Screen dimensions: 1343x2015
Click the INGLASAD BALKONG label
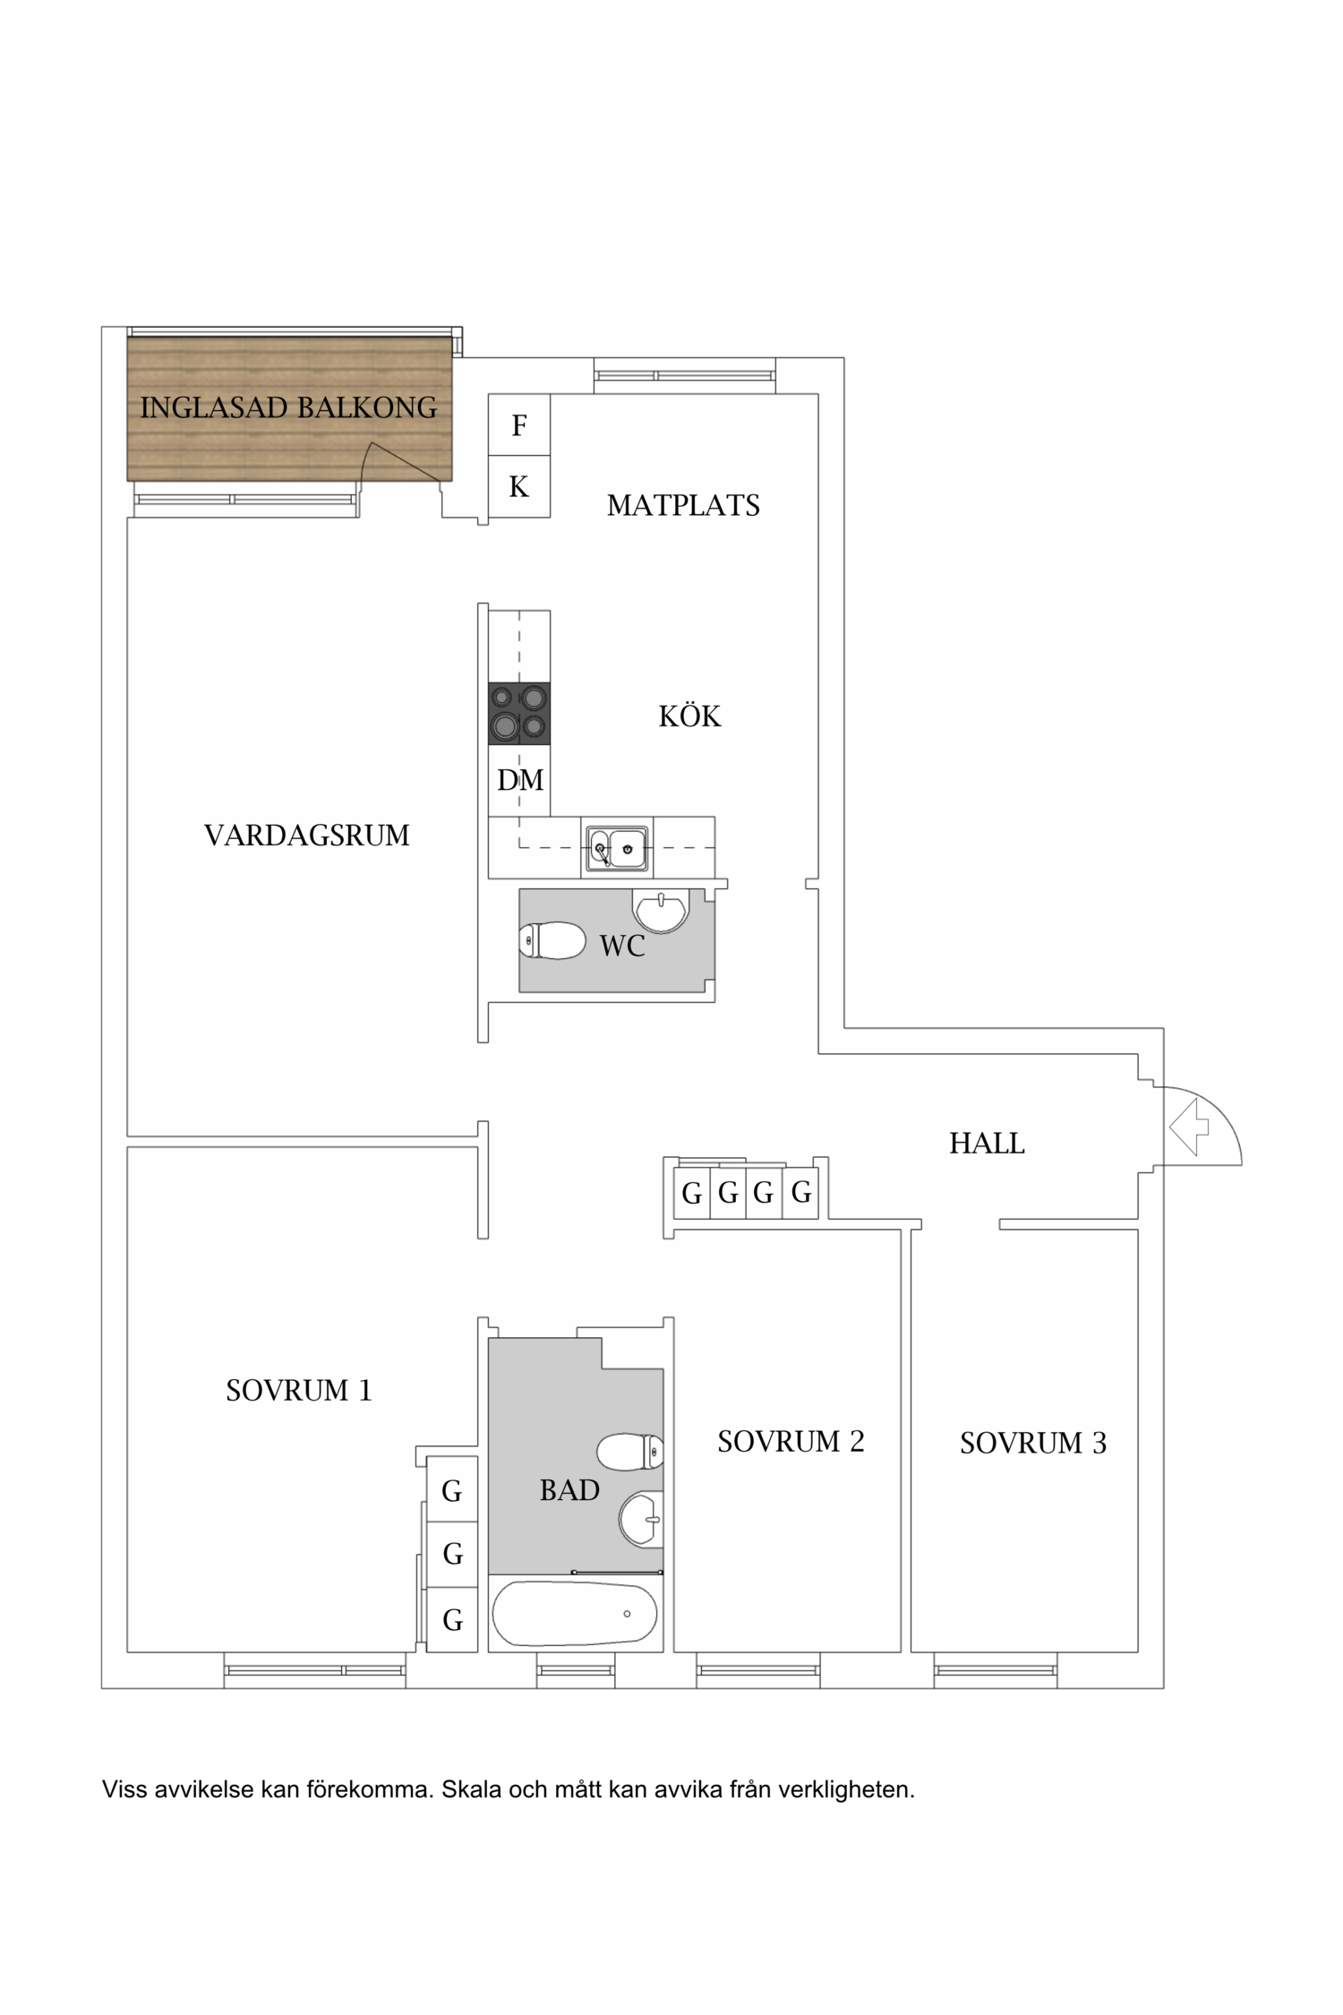point(288,408)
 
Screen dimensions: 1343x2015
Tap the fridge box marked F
point(519,425)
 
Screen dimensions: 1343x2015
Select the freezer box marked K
point(519,486)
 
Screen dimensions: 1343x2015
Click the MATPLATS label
point(683,506)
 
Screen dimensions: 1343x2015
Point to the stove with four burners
point(519,714)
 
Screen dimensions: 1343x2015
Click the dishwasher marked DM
point(519,780)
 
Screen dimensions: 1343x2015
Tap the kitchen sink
point(617,848)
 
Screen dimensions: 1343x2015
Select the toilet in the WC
point(552,941)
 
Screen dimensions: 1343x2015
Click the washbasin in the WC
point(661,910)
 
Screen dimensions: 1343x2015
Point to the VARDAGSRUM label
point(307,836)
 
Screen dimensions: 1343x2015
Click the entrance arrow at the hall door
point(1189,1127)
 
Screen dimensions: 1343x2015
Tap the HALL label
point(987,1144)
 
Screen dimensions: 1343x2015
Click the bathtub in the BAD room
point(574,1613)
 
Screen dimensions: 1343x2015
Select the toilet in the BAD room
point(630,1453)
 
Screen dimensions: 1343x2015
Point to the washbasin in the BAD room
point(641,1519)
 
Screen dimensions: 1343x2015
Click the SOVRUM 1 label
point(298,1391)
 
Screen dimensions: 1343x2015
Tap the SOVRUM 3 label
point(1033,1444)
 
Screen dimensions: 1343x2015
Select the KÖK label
point(689,716)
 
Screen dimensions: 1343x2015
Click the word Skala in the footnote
point(471,1790)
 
